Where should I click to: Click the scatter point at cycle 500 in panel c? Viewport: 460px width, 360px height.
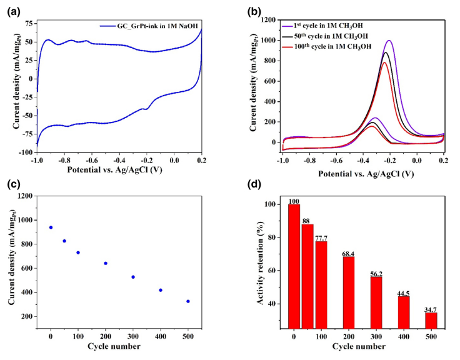[187, 301]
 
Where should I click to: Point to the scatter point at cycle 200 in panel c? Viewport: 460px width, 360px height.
[106, 263]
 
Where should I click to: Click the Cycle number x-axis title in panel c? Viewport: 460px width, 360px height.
[118, 344]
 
